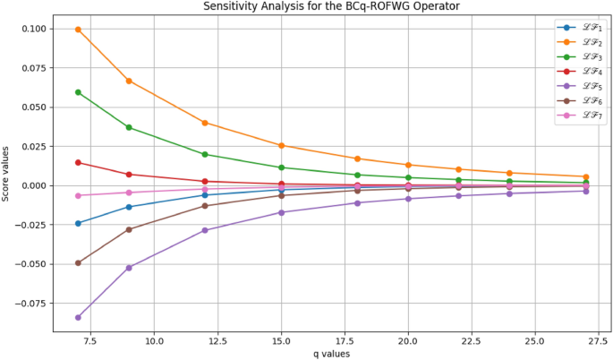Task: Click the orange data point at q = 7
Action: click(x=78, y=30)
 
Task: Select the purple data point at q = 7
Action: click(x=78, y=317)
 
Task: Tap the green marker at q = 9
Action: click(x=129, y=127)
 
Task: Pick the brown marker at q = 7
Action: click(x=78, y=263)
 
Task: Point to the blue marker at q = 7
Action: click(x=78, y=223)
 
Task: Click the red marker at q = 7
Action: click(x=78, y=162)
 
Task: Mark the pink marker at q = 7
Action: click(x=78, y=195)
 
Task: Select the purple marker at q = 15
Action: click(x=282, y=212)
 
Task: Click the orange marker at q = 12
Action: click(x=205, y=123)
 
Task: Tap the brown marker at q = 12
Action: click(x=205, y=206)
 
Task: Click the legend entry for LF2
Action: click(x=583, y=42)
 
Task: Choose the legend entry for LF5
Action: click(x=583, y=86)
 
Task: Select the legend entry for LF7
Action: click(x=583, y=116)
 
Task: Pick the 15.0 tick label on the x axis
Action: click(x=282, y=341)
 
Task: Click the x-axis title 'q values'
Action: click(x=331, y=354)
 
